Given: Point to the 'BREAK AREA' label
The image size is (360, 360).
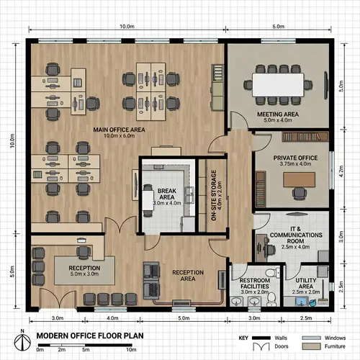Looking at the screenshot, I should (x=166, y=194).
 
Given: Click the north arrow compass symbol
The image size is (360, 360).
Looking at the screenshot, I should (x=23, y=338).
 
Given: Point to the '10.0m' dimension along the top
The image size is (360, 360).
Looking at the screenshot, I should (x=127, y=26).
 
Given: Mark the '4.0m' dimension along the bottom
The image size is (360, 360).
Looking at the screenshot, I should (x=112, y=318).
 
